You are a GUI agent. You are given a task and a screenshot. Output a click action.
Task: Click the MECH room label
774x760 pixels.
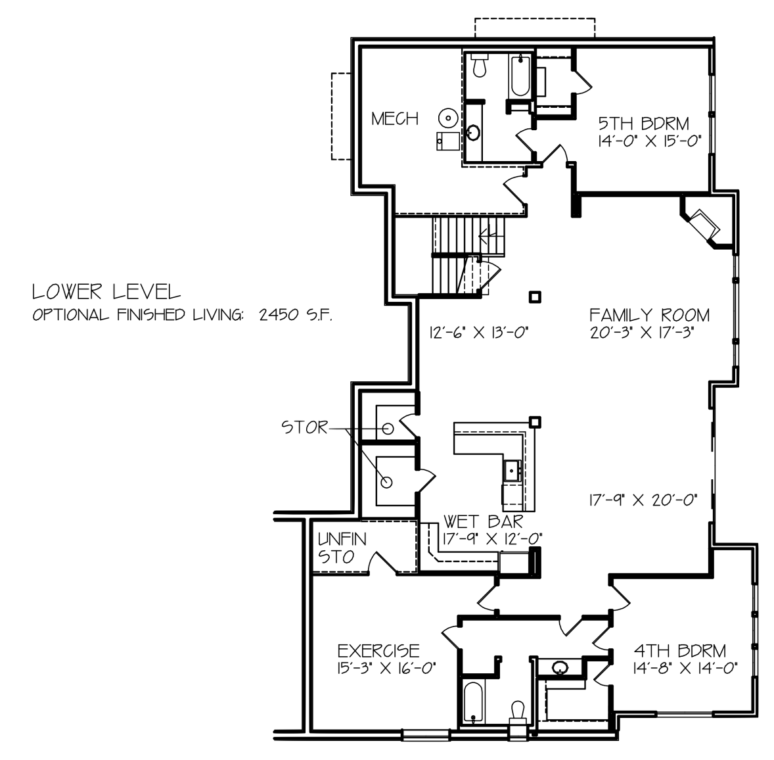pos(394,119)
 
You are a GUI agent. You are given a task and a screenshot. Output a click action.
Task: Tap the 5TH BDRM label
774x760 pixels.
pos(644,123)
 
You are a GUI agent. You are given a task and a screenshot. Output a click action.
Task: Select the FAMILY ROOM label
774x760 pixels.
pos(650,315)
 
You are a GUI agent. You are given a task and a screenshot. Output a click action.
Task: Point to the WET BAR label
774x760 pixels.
pos(483,521)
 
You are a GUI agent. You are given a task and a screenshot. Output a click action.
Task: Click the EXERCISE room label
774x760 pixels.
pos(378,651)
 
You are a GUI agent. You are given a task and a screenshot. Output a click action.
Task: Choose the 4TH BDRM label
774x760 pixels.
pos(680,651)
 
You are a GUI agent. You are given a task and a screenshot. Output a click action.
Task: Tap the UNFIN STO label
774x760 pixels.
pos(342,548)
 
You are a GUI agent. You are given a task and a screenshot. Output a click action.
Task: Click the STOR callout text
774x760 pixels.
pos(304,427)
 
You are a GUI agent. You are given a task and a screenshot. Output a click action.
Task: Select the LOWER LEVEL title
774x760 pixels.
pos(106,292)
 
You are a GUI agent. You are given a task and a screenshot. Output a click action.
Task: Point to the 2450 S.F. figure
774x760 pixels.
pos(296,314)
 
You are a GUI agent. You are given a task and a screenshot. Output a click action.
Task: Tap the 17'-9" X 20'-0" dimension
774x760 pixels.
pos(643,501)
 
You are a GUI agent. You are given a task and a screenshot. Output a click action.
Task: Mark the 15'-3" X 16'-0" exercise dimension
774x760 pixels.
pos(386,668)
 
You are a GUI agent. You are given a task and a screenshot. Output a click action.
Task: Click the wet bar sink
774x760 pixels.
pos(512,470)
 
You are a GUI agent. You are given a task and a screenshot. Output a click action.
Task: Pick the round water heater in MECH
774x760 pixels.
pos(447,118)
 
